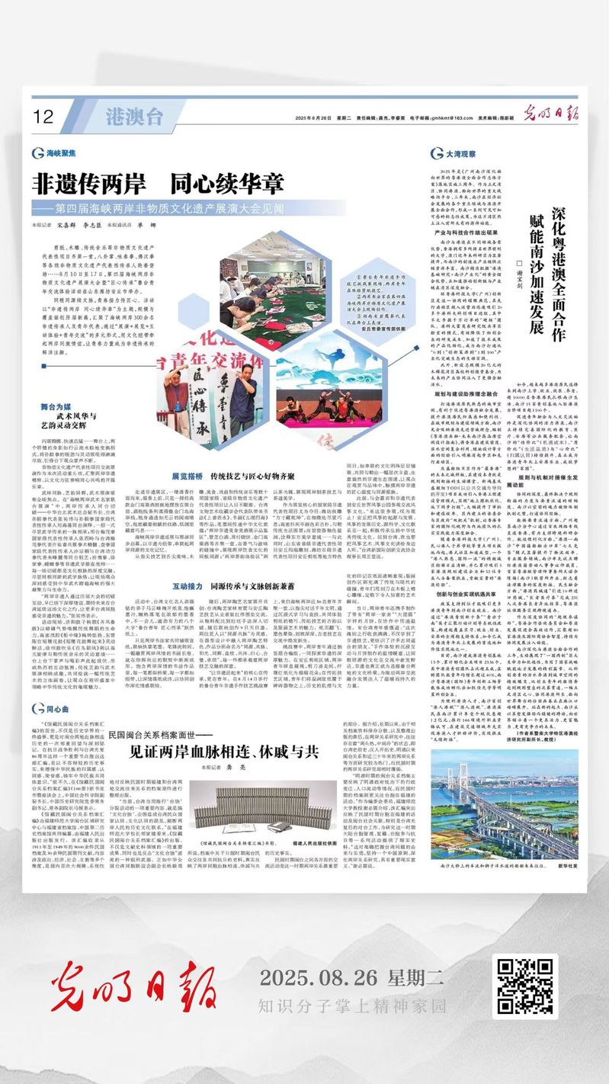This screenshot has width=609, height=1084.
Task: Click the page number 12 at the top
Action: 44,117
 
